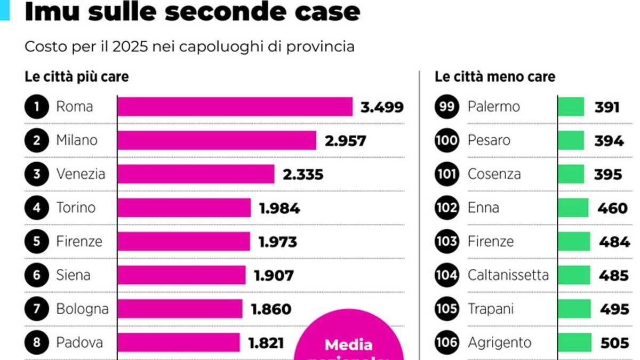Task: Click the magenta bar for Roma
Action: coord(235,107)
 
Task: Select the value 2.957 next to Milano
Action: coord(345,141)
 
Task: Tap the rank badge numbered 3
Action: coord(37,174)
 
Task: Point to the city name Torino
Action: coord(77,208)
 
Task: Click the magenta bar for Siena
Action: coord(181,275)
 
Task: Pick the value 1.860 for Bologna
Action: coord(271,309)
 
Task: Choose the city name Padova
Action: coord(79,342)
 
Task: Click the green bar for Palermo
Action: coord(571,107)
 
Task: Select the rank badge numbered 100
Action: coord(446,141)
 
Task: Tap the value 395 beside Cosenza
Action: coord(608,174)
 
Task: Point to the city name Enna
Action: coord(483,208)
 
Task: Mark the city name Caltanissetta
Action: coord(508,275)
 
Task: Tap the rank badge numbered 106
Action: coord(446,342)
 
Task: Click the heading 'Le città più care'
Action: coord(77,77)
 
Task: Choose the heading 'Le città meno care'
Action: coord(495,77)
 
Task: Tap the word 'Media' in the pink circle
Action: coord(349,345)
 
